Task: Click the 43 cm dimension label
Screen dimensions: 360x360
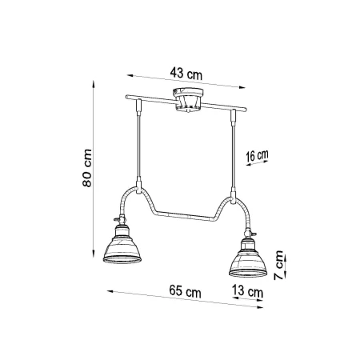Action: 186,74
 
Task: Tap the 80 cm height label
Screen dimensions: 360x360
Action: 87,168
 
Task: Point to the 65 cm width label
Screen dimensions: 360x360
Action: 185,291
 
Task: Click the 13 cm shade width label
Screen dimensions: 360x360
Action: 247,290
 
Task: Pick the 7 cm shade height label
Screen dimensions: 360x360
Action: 278,265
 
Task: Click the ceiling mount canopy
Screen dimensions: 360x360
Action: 188,100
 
